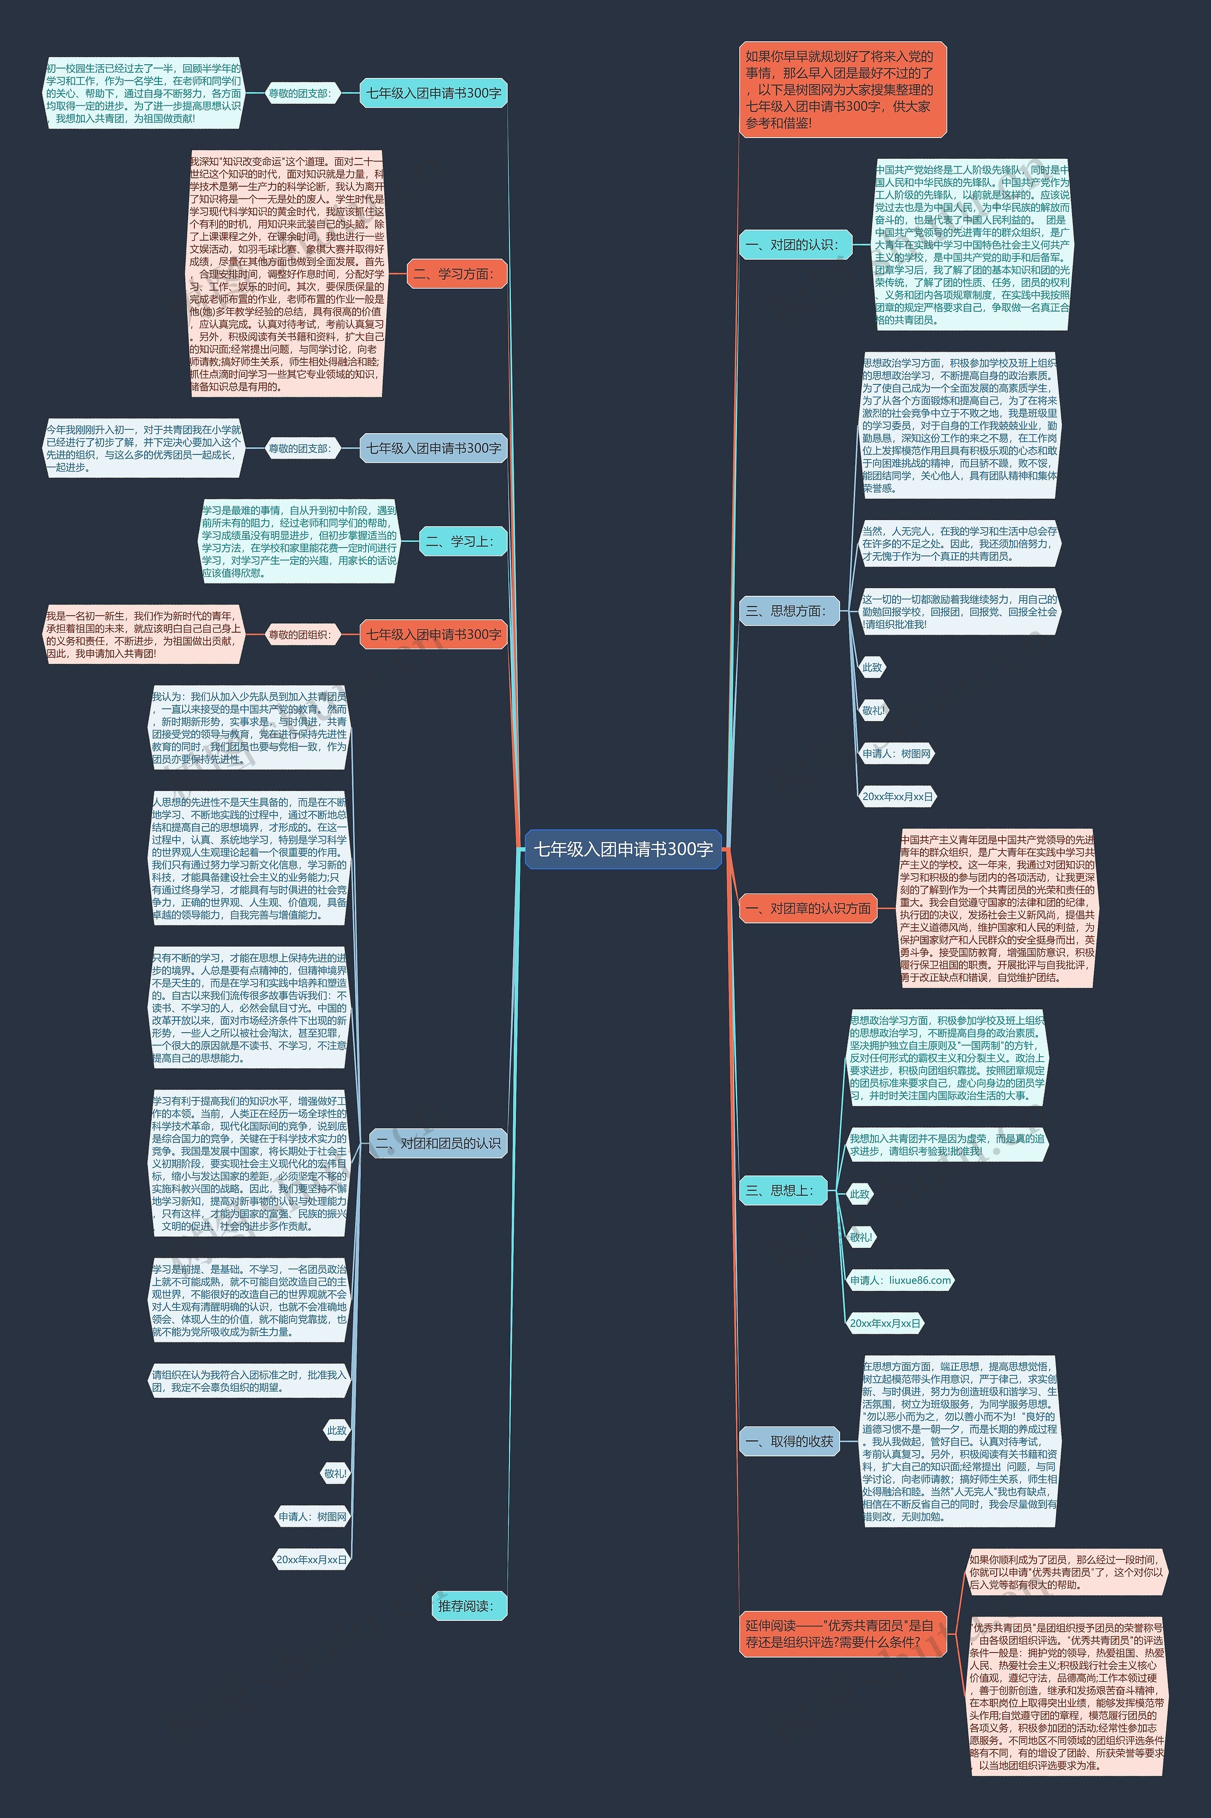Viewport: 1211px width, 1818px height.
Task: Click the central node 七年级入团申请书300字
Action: coord(623,849)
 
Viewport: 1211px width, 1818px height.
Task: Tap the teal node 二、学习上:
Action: coord(462,542)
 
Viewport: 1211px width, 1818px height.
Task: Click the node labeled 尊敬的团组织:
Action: coord(299,635)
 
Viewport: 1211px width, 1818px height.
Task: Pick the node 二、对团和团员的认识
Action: coord(439,1143)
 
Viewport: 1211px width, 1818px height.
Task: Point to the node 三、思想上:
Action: coord(782,1191)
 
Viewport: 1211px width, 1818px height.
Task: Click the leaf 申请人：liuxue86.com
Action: coord(900,1280)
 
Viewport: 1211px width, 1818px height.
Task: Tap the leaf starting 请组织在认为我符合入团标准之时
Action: coord(249,1381)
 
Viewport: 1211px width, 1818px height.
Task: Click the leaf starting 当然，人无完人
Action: coord(959,543)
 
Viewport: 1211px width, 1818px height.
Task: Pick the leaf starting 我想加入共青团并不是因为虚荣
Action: coord(948,1145)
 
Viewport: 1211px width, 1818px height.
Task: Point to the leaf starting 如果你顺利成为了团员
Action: coord(1067,1572)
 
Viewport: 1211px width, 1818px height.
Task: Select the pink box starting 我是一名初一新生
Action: coord(144,635)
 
